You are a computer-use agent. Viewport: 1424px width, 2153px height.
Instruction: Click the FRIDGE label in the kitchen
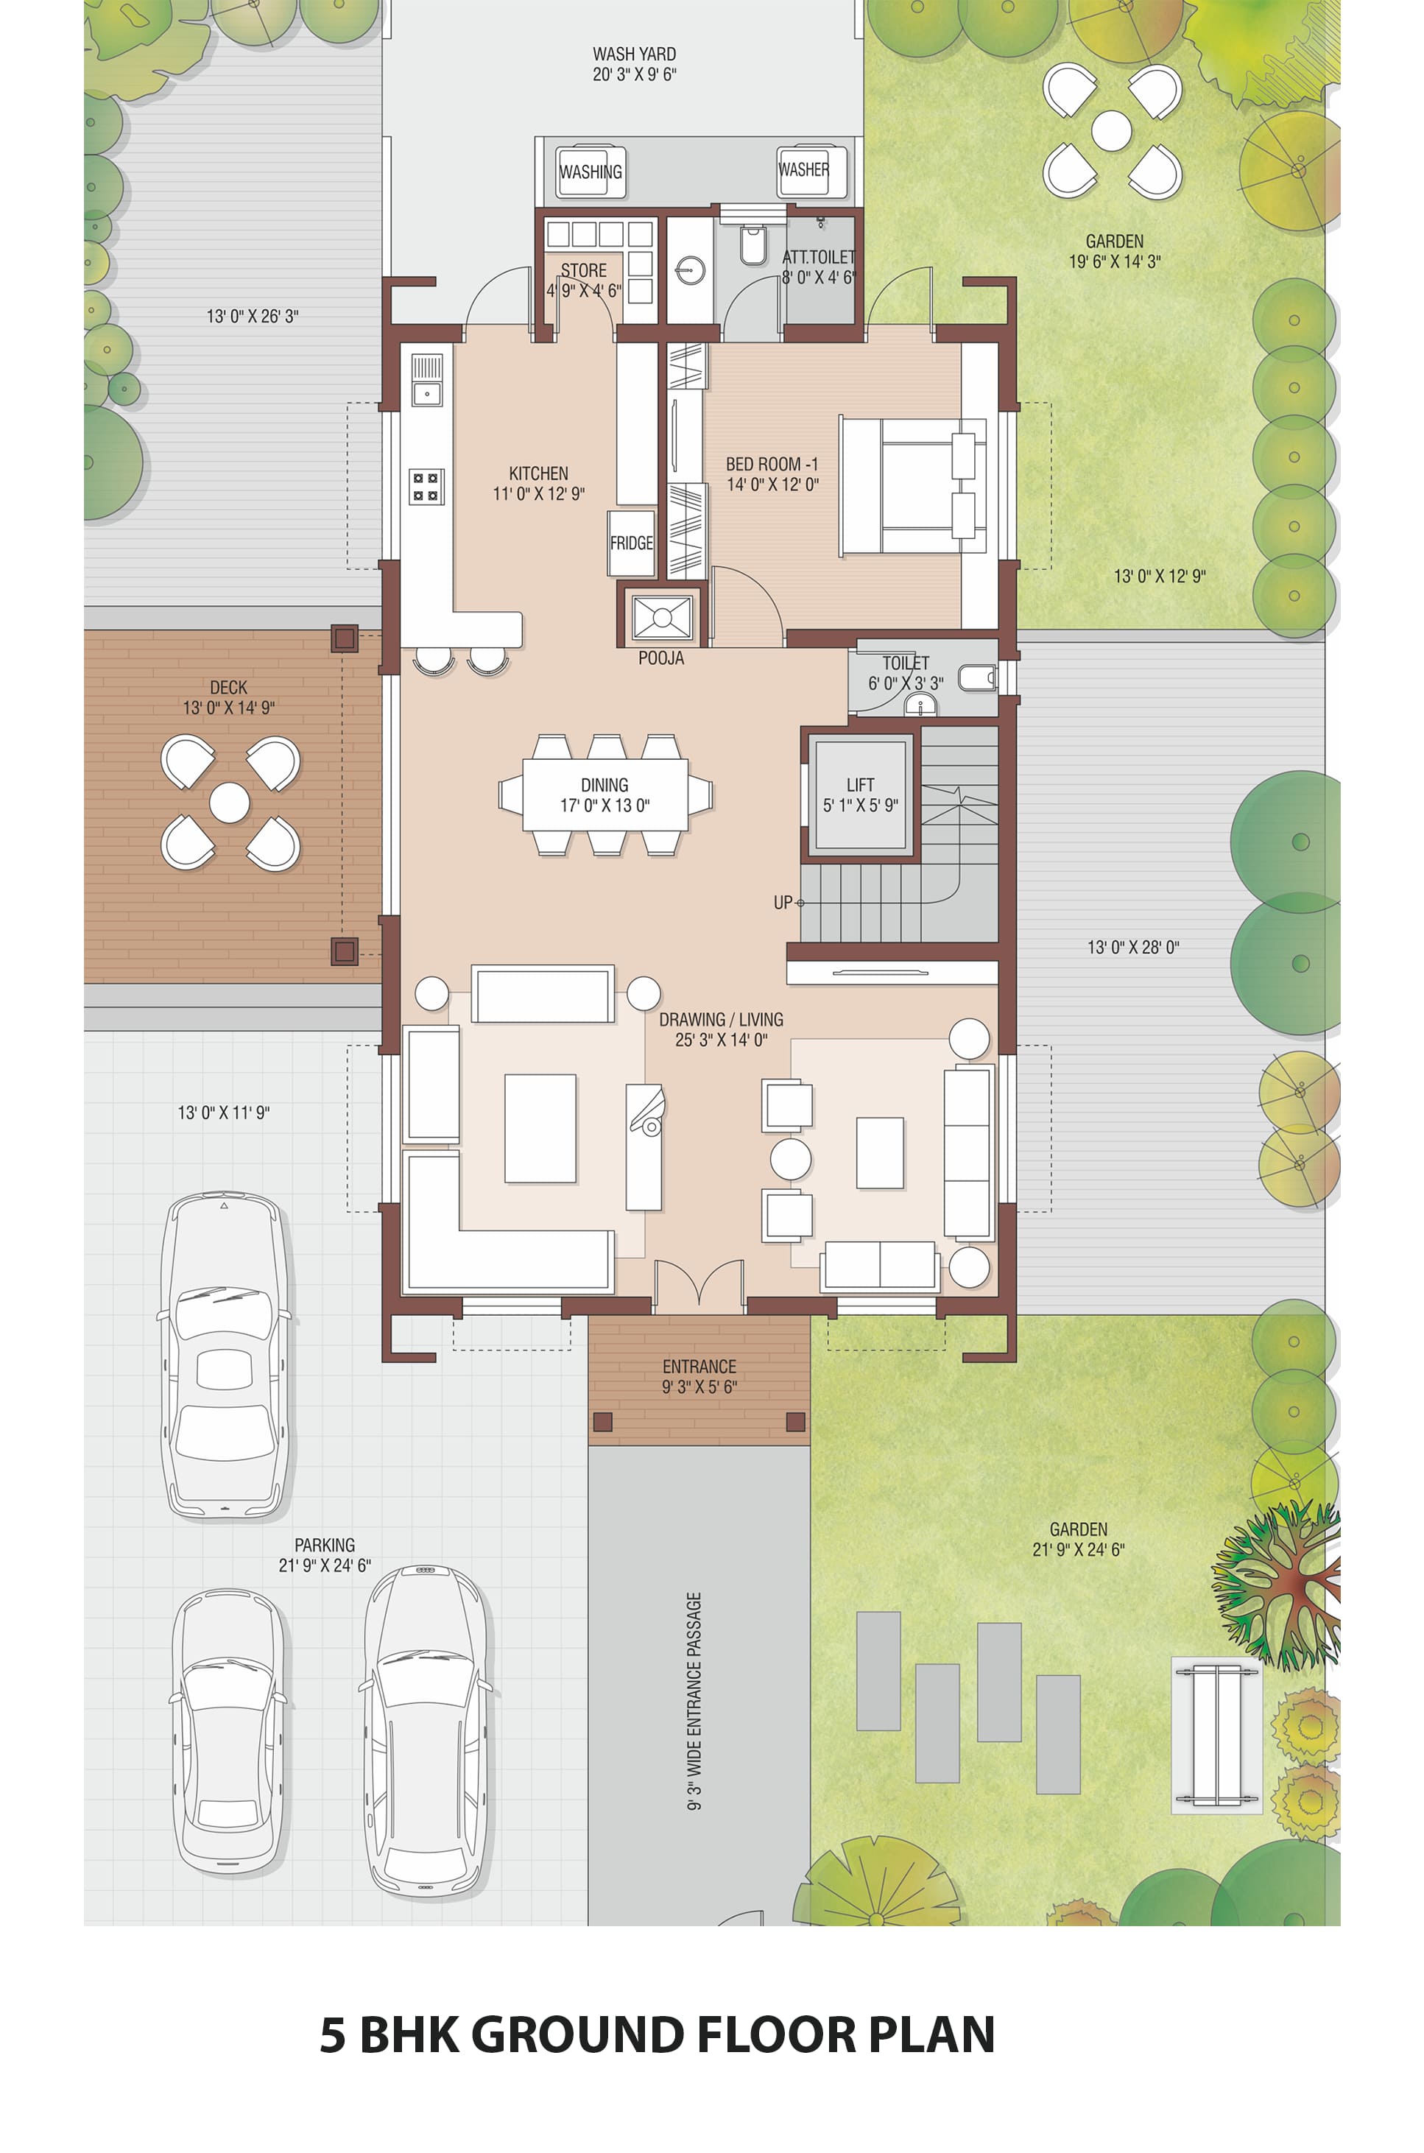[x=631, y=543]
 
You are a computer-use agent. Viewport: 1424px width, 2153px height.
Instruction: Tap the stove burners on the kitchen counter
[x=426, y=486]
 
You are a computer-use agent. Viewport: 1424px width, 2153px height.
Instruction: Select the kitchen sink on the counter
[x=427, y=379]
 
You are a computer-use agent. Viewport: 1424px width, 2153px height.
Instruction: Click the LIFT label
[x=860, y=785]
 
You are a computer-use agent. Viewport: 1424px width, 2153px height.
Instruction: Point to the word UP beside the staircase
[x=783, y=903]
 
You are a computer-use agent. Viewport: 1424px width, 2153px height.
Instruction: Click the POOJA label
[x=661, y=658]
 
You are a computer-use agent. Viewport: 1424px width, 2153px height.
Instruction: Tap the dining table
[x=605, y=794]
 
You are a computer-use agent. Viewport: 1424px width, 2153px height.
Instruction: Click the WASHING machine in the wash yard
[x=591, y=172]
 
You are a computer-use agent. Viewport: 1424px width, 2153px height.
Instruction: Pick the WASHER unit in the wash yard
[x=804, y=170]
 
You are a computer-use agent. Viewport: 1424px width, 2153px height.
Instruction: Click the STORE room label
[x=583, y=271]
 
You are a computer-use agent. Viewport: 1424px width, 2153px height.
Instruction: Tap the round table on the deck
[x=230, y=803]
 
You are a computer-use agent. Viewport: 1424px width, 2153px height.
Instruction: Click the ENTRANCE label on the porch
[x=699, y=1367]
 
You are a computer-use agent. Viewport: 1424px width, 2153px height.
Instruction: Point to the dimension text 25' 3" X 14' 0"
[x=721, y=1040]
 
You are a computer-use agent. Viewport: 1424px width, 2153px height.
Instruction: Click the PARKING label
[x=324, y=1545]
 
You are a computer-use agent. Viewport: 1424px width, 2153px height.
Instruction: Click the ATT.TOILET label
[x=819, y=257]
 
